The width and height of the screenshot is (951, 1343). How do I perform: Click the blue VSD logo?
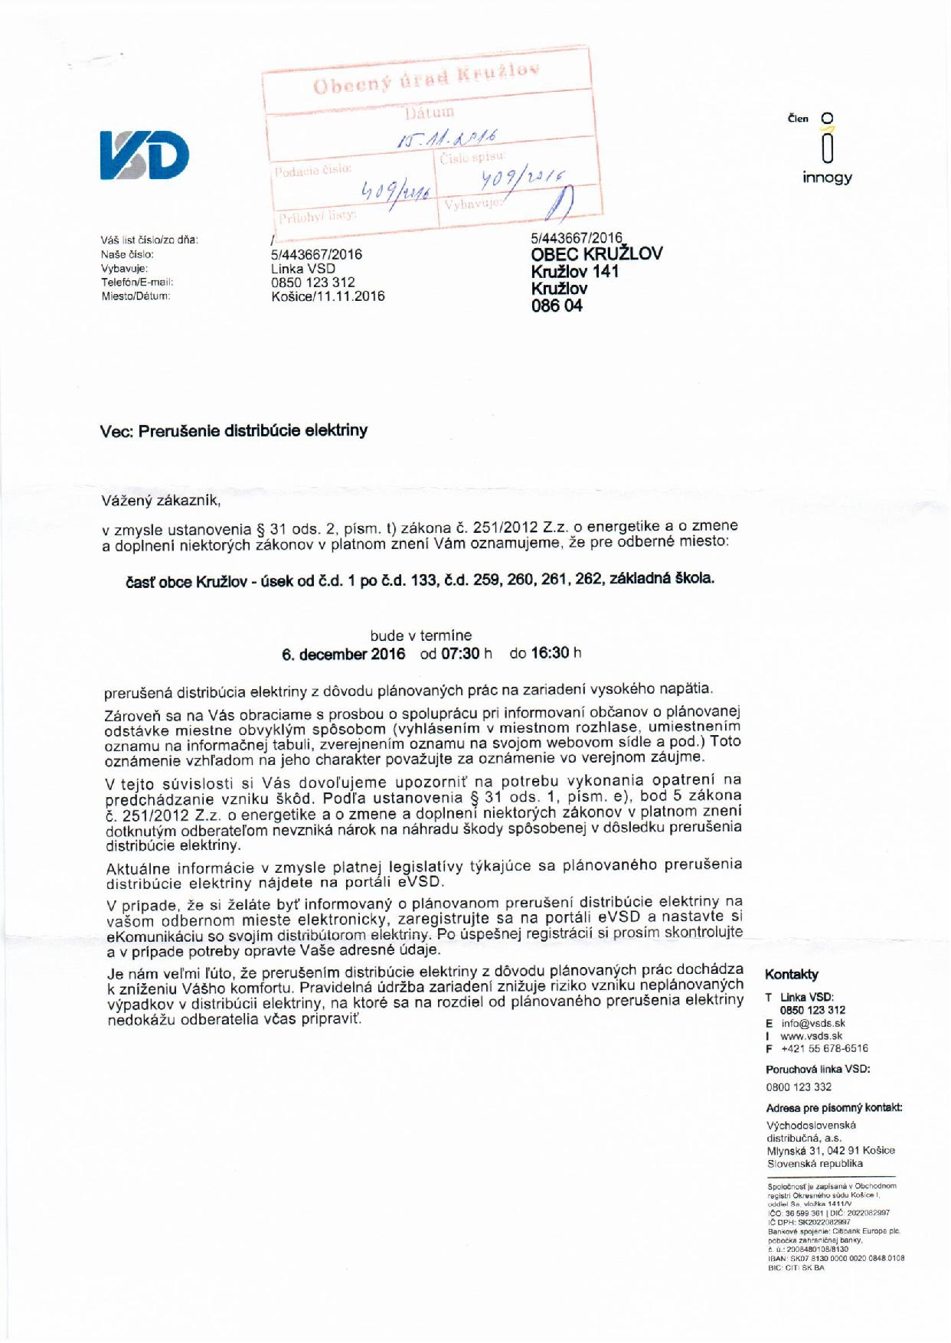click(144, 155)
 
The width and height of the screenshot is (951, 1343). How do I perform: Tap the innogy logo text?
click(827, 178)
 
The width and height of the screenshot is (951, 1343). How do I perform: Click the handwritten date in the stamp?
click(449, 139)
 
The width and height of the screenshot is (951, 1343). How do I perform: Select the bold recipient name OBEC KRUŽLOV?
click(596, 254)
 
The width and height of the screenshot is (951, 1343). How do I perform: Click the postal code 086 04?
click(557, 306)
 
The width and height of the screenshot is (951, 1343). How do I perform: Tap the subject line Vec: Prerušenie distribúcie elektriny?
click(234, 430)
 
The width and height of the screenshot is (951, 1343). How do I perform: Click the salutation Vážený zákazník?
click(161, 502)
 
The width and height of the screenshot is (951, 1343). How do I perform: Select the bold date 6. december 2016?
click(343, 655)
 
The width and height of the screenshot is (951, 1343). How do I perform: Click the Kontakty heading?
click(792, 975)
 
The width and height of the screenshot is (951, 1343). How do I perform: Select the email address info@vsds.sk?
click(812, 1023)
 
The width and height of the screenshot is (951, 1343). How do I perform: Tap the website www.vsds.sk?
click(811, 1036)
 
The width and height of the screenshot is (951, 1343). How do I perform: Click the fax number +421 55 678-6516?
click(824, 1049)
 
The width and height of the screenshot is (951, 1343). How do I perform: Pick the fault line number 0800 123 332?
click(799, 1087)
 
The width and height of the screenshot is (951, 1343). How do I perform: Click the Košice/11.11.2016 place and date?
click(328, 296)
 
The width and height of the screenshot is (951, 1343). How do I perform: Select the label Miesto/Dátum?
click(136, 296)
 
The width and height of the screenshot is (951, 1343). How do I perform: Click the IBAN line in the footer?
click(835, 1258)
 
